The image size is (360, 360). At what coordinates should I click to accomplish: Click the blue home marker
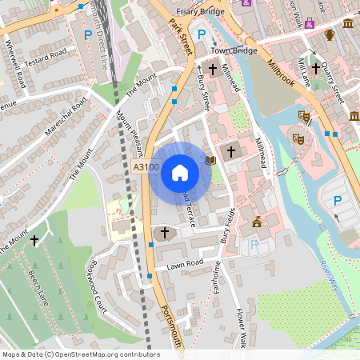tap(180, 172)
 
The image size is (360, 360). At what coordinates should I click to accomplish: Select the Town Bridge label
tap(234, 50)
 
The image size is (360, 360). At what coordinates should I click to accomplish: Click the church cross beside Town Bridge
tap(213, 69)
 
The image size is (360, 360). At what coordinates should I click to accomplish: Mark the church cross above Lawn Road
tap(165, 233)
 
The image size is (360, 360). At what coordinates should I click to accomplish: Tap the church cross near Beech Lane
tap(34, 238)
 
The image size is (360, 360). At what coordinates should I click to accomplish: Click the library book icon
tap(210, 160)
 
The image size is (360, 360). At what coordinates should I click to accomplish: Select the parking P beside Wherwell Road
tap(87, 34)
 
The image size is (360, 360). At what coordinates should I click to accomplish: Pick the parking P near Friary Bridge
tap(202, 34)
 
